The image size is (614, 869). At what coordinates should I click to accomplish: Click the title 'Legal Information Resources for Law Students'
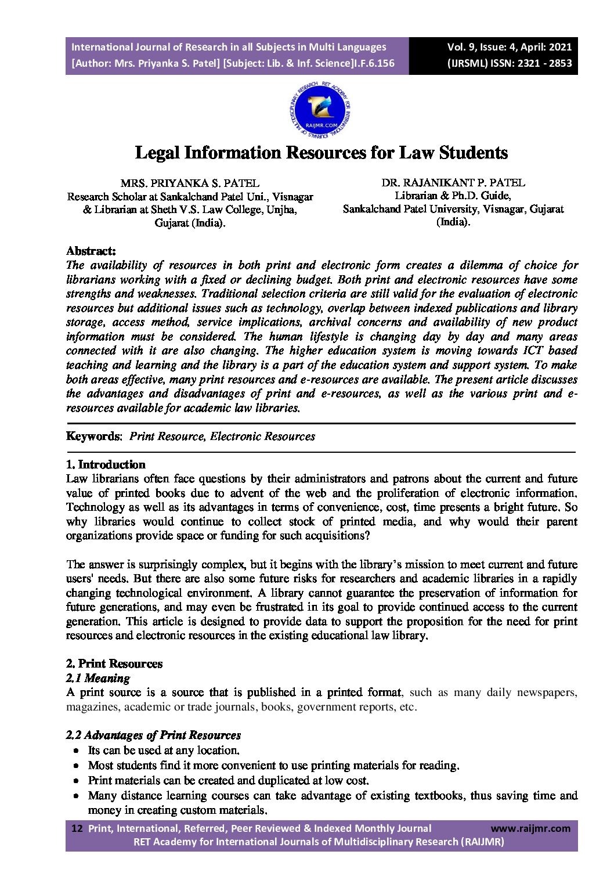tap(321, 153)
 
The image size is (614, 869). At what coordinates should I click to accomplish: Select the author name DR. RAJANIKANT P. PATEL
tap(453, 182)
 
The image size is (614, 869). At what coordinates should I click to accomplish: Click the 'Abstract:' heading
tap(91, 251)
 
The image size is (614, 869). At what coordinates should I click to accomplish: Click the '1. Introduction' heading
tap(106, 464)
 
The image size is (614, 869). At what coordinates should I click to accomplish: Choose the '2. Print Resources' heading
tap(114, 664)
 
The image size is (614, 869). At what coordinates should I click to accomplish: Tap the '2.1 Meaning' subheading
tap(98, 678)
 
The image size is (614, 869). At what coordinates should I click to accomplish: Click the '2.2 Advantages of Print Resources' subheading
tap(153, 735)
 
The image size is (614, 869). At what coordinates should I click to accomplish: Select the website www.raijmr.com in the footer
tap(530, 828)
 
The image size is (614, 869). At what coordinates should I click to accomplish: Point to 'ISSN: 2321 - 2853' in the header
tap(528, 63)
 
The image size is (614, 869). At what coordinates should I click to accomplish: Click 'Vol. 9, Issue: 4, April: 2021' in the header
tap(509, 47)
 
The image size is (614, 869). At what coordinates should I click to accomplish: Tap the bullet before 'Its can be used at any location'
tap(77, 751)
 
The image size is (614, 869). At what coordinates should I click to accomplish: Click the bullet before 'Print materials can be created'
tap(77, 781)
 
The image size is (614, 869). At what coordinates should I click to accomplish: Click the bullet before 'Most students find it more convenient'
tap(77, 766)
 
